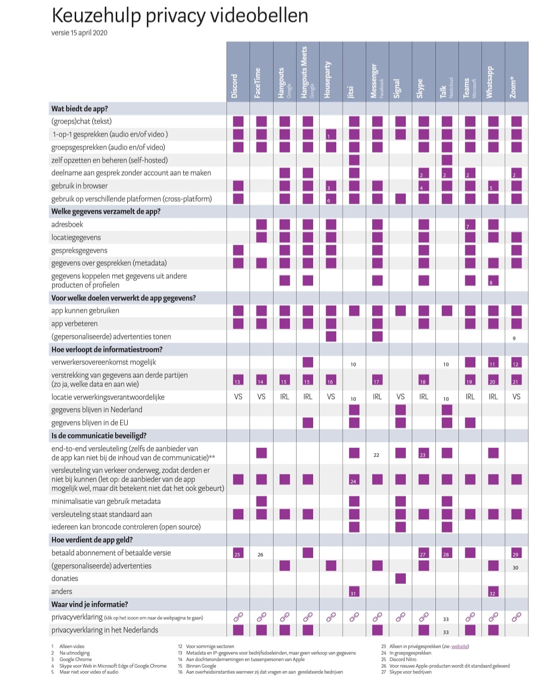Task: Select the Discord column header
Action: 234,86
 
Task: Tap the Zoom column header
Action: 513,88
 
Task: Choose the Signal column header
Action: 397,88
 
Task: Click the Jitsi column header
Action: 351,92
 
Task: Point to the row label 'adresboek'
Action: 67,224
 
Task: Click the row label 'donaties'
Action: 65,578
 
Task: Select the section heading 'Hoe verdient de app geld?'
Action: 92,540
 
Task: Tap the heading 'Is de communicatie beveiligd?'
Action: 99,436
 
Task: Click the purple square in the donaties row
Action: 401,578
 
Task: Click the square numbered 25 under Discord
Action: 238,553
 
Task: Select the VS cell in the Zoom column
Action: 516,397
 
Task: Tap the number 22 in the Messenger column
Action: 376,455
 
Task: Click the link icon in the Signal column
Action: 401,617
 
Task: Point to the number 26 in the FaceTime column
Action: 260,555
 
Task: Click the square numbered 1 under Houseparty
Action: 331,134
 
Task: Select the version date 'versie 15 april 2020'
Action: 79,33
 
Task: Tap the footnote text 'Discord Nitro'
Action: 403,659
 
